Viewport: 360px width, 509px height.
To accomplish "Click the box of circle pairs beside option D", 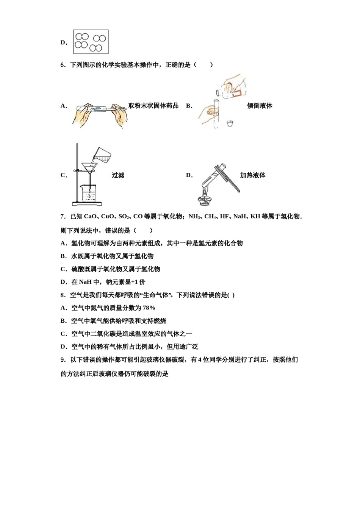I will (91, 42).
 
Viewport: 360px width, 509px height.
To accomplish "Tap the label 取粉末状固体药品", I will (153, 106).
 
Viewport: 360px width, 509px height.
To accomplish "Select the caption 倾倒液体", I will (260, 106).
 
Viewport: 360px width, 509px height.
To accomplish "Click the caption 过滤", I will (118, 175).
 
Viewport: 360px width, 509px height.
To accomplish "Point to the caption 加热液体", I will (253, 175).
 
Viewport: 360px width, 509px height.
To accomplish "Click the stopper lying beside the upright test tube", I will (230, 123).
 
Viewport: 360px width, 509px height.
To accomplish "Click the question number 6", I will (63, 65).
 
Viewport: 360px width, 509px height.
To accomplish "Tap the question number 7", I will (63, 217).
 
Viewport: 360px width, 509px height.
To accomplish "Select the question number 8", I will (63, 295).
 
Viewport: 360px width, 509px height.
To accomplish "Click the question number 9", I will (63, 359).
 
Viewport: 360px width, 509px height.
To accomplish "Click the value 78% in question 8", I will (149, 308).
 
